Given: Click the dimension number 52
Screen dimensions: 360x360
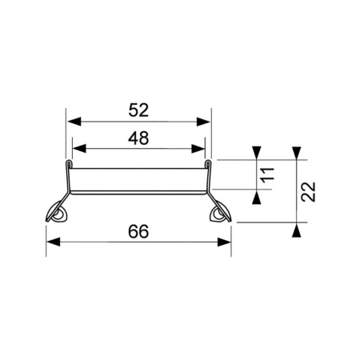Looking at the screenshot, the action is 138,110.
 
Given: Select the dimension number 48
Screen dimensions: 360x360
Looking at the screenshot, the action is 138,138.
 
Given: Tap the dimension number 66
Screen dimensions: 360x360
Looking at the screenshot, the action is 138,231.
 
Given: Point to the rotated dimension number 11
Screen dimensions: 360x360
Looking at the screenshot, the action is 267,175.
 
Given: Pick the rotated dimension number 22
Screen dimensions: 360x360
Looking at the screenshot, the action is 308,191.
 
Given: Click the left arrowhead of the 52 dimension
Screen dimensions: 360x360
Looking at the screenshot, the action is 74,122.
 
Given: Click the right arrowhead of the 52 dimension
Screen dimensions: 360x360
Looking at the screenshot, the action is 203,122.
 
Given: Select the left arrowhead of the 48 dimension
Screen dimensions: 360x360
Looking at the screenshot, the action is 79,149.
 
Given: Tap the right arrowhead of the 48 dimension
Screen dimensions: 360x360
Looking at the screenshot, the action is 198,149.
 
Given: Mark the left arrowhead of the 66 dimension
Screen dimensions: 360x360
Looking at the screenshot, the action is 54,242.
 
